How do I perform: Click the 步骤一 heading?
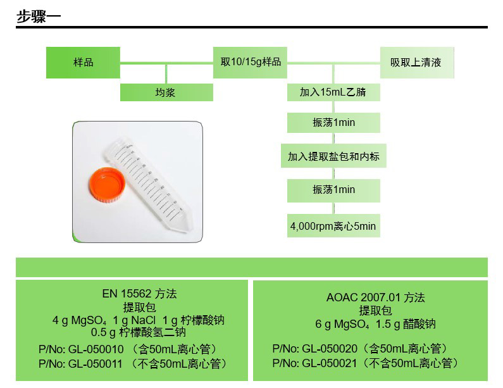point(39,16)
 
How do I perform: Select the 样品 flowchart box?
point(83,63)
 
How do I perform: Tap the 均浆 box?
point(166,92)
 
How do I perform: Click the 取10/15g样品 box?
point(250,63)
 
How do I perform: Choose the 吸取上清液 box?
point(417,63)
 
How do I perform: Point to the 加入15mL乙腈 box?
point(333,92)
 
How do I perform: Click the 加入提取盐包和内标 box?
point(333,156)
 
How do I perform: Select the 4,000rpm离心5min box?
point(333,226)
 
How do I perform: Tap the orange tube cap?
point(107,185)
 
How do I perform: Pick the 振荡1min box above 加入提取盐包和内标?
point(333,123)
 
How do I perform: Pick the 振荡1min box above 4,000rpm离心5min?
point(333,191)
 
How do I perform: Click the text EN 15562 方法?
point(140,294)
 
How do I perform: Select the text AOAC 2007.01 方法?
point(375,297)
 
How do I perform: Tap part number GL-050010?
point(96,349)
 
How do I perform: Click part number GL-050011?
point(96,364)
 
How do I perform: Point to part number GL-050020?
point(330,349)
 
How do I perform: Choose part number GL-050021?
point(330,363)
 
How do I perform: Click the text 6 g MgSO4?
point(342,324)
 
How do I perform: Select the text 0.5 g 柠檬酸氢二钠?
point(139,332)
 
